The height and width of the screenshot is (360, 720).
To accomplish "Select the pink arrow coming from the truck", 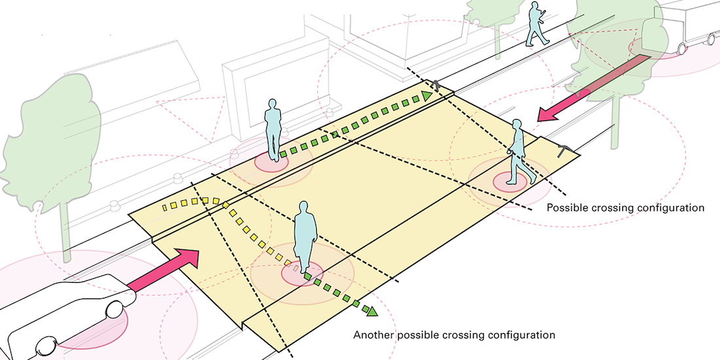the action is tap(592, 88).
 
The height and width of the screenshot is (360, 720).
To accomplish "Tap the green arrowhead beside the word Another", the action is tap(372, 311).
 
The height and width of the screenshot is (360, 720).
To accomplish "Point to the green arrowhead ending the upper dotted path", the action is tap(427, 96).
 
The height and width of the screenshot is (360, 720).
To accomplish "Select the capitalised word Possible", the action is tap(566, 207).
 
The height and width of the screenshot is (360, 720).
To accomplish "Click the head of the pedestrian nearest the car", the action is tap(303, 207).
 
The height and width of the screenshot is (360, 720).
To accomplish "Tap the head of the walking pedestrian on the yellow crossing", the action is tap(517, 126).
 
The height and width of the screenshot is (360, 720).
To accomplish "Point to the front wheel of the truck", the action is tap(682, 48).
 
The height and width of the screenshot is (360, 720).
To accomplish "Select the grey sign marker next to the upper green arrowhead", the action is tap(435, 84).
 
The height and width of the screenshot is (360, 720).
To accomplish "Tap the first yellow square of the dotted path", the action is tap(165, 207).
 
